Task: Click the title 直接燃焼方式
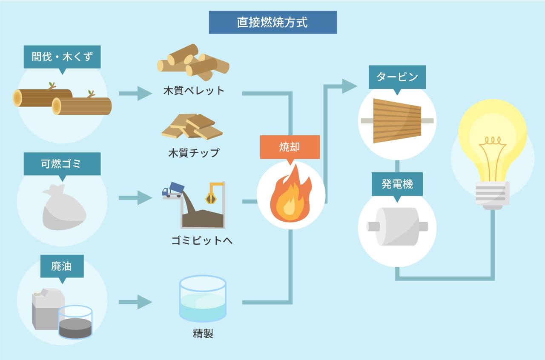coord(272,23)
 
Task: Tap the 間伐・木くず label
coord(62,57)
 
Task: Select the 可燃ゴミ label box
coord(62,164)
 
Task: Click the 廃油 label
coord(62,266)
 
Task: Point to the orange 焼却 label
coord(290,147)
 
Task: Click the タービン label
coord(397,77)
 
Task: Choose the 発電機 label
coord(397,184)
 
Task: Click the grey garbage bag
coord(63,209)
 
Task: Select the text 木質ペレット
coord(194,91)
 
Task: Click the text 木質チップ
coord(194,152)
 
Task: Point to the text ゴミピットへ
coord(202,240)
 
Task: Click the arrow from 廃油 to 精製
coord(135,302)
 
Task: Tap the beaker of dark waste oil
coord(75,323)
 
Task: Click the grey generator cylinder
coord(397,226)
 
